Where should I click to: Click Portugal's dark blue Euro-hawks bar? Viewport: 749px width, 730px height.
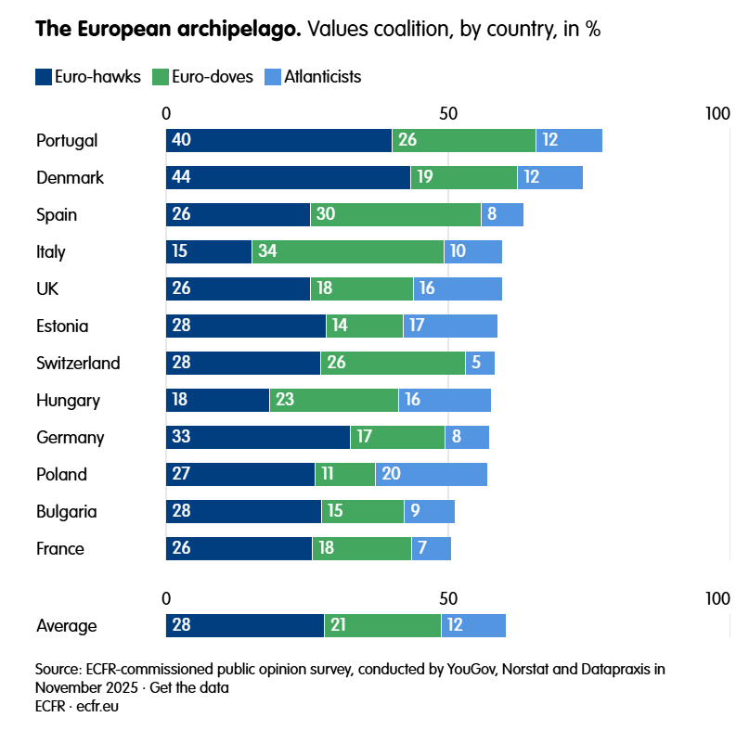click(278, 141)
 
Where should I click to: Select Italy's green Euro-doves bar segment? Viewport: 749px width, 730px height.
click(348, 252)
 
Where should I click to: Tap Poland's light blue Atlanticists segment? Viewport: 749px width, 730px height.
click(432, 475)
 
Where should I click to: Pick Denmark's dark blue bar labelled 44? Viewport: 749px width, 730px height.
click(288, 178)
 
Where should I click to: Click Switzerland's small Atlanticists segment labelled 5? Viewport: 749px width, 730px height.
click(480, 364)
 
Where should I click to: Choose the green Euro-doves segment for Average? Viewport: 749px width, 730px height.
click(382, 625)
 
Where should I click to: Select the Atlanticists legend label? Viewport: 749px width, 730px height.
click(323, 77)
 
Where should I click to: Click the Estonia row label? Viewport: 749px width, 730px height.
click(62, 327)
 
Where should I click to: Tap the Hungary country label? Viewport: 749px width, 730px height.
click(68, 401)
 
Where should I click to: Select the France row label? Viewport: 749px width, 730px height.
click(60, 549)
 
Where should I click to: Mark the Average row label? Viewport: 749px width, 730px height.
click(67, 625)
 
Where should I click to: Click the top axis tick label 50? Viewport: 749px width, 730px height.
click(448, 113)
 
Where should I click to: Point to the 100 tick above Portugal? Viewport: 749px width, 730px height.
click(717, 113)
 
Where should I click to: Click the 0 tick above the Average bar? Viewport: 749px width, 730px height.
click(167, 597)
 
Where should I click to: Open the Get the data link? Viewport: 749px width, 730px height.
click(193, 687)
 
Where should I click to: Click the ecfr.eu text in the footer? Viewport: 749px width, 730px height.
click(97, 706)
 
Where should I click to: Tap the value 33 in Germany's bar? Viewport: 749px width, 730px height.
click(182, 438)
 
